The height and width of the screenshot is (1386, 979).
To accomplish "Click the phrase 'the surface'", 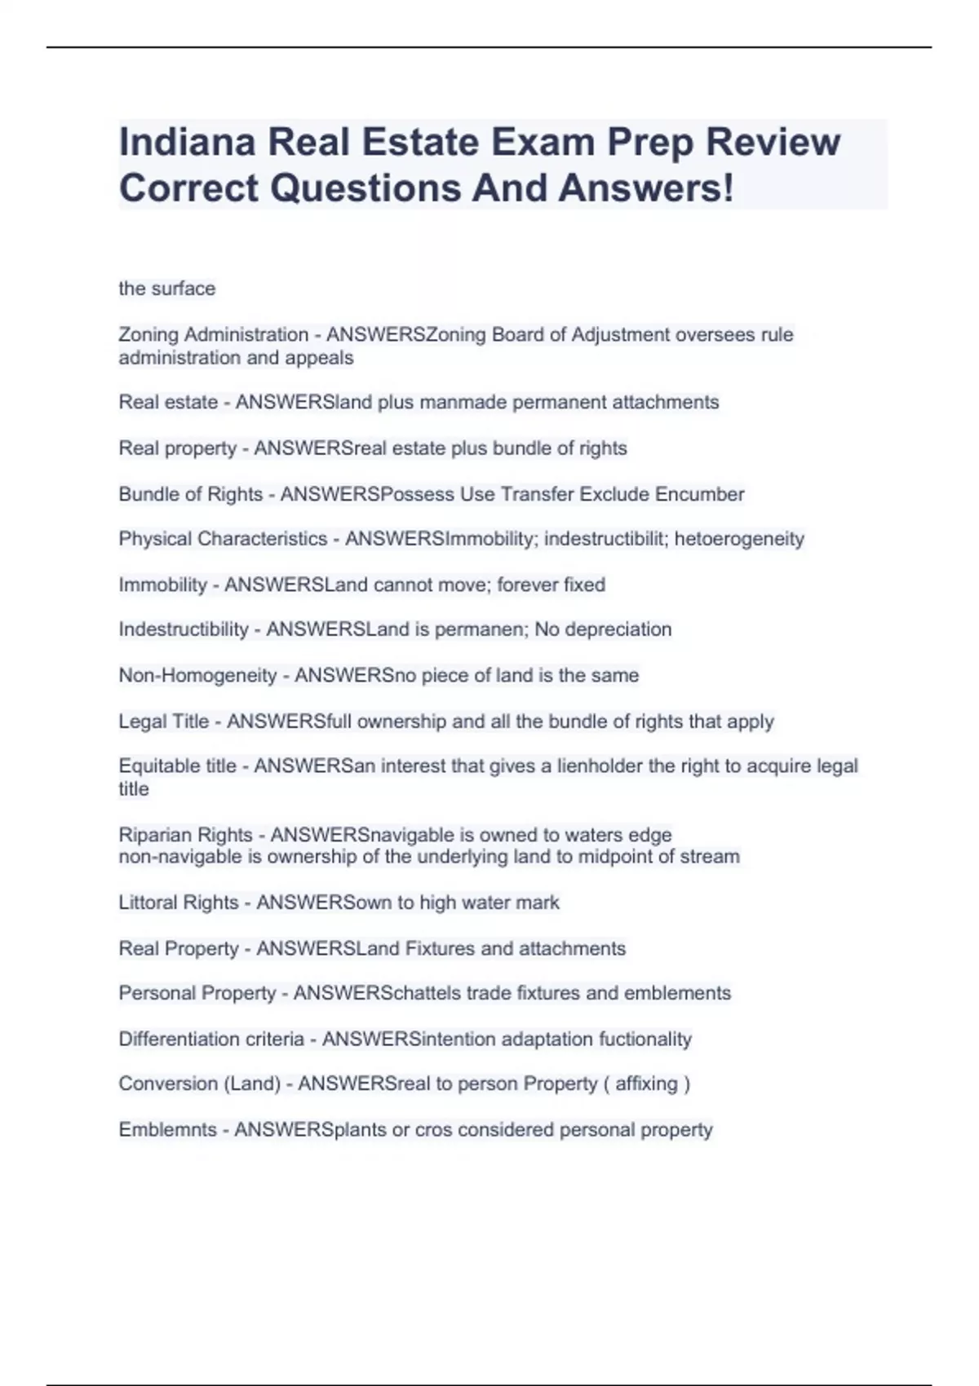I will pyautogui.click(x=166, y=289).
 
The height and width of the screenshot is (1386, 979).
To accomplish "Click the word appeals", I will pyautogui.click(x=319, y=358).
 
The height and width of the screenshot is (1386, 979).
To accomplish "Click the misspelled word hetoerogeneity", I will pyautogui.click(x=739, y=539).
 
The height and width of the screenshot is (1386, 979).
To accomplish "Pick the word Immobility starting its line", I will pyautogui.click(x=162, y=585).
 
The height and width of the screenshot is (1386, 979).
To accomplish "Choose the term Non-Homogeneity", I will pyautogui.click(x=197, y=675).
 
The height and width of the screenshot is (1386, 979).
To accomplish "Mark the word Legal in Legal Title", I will pyautogui.click(x=141, y=722).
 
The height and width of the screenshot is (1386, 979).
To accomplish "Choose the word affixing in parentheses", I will pyautogui.click(x=646, y=1084).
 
